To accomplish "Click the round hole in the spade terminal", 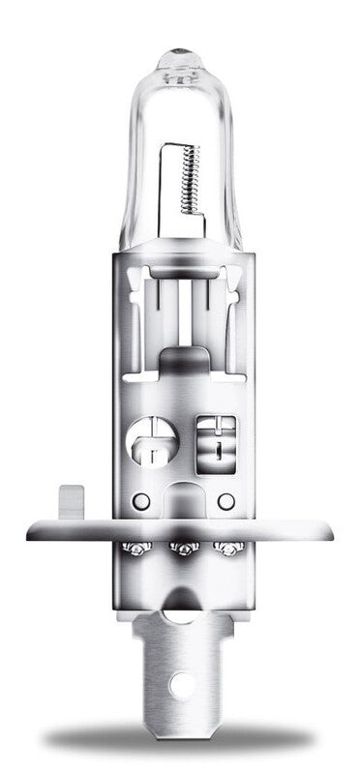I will (179, 682).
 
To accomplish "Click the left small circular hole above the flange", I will (140, 501).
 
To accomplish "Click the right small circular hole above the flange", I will (225, 501).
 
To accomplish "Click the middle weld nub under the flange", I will (179, 550).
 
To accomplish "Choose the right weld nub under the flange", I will (228, 549).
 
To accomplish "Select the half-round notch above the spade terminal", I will (180, 612).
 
